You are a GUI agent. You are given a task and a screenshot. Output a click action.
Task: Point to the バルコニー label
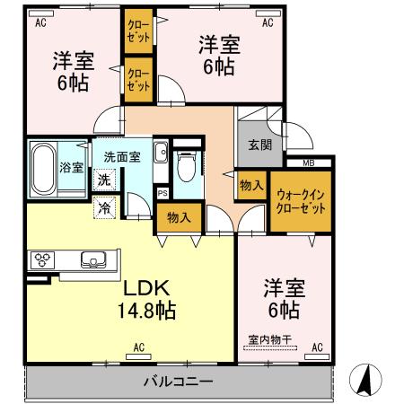pos(179,382)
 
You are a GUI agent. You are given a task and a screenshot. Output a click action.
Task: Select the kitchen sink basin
pos(92,260)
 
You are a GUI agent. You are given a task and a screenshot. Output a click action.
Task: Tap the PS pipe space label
pos(162,192)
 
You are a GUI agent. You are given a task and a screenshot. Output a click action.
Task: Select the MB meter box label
pos(308,162)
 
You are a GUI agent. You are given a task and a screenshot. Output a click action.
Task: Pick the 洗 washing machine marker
pos(104,180)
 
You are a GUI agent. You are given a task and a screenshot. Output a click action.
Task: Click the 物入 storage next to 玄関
pos(252,185)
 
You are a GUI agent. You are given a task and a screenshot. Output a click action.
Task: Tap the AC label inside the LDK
pos(139,346)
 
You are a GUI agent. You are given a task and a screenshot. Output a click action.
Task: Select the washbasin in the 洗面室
pos(160,153)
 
